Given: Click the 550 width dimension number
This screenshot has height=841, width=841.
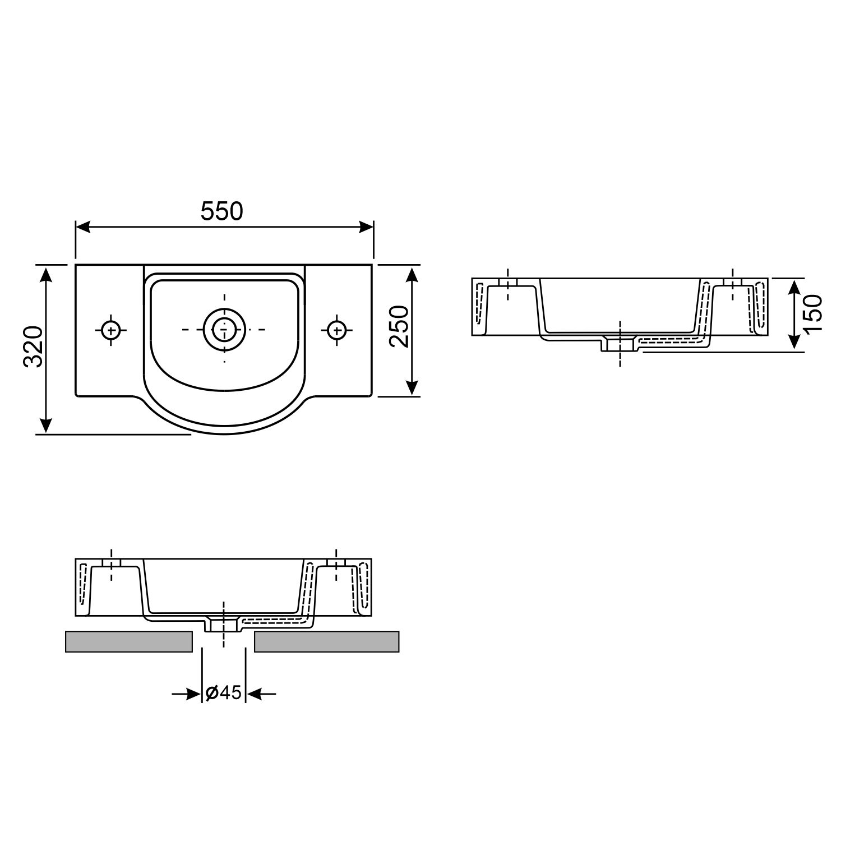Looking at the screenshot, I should [x=222, y=211].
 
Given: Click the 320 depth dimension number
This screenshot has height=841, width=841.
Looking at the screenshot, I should [x=33, y=346].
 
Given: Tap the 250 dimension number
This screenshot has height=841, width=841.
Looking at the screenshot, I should [x=399, y=326].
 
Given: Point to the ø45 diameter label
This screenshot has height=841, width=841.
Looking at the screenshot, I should [x=223, y=694].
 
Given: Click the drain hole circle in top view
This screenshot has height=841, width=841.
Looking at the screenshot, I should [x=224, y=329].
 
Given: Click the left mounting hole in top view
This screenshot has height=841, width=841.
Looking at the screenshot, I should [x=111, y=330].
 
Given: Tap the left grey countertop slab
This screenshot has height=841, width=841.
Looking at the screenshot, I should [x=129, y=641].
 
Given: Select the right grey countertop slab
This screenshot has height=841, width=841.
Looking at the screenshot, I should [x=326, y=641].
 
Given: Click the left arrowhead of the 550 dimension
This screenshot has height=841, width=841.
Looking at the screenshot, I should [x=82, y=227].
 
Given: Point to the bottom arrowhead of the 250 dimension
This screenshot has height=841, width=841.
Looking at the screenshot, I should [x=412, y=387].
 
